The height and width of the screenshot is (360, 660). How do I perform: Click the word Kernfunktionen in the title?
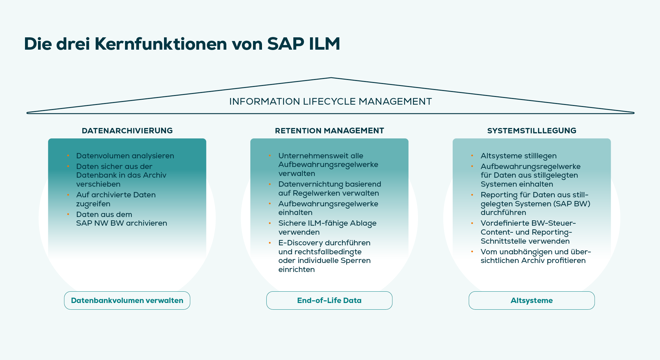161,44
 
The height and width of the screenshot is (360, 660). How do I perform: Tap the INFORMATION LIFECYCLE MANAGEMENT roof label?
330,101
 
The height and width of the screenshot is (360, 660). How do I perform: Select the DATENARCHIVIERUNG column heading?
127,131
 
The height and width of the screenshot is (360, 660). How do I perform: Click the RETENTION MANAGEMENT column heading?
329,131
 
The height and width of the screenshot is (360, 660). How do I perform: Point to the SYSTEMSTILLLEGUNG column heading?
532,131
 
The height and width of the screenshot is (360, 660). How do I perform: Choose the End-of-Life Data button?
329,300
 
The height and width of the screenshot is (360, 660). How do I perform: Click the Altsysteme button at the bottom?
532,300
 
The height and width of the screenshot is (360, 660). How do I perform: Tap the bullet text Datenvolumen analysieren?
125,156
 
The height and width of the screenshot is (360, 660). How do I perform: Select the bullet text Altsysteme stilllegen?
518,156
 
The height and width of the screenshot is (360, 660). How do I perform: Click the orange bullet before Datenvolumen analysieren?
68,156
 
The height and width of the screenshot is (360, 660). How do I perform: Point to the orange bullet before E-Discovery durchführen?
270,243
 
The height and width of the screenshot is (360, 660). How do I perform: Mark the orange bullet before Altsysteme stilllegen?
472,156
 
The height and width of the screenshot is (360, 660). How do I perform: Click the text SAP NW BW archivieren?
122,223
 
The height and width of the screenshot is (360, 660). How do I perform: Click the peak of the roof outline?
331,78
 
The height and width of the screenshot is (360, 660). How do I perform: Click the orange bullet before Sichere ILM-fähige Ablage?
270,223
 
